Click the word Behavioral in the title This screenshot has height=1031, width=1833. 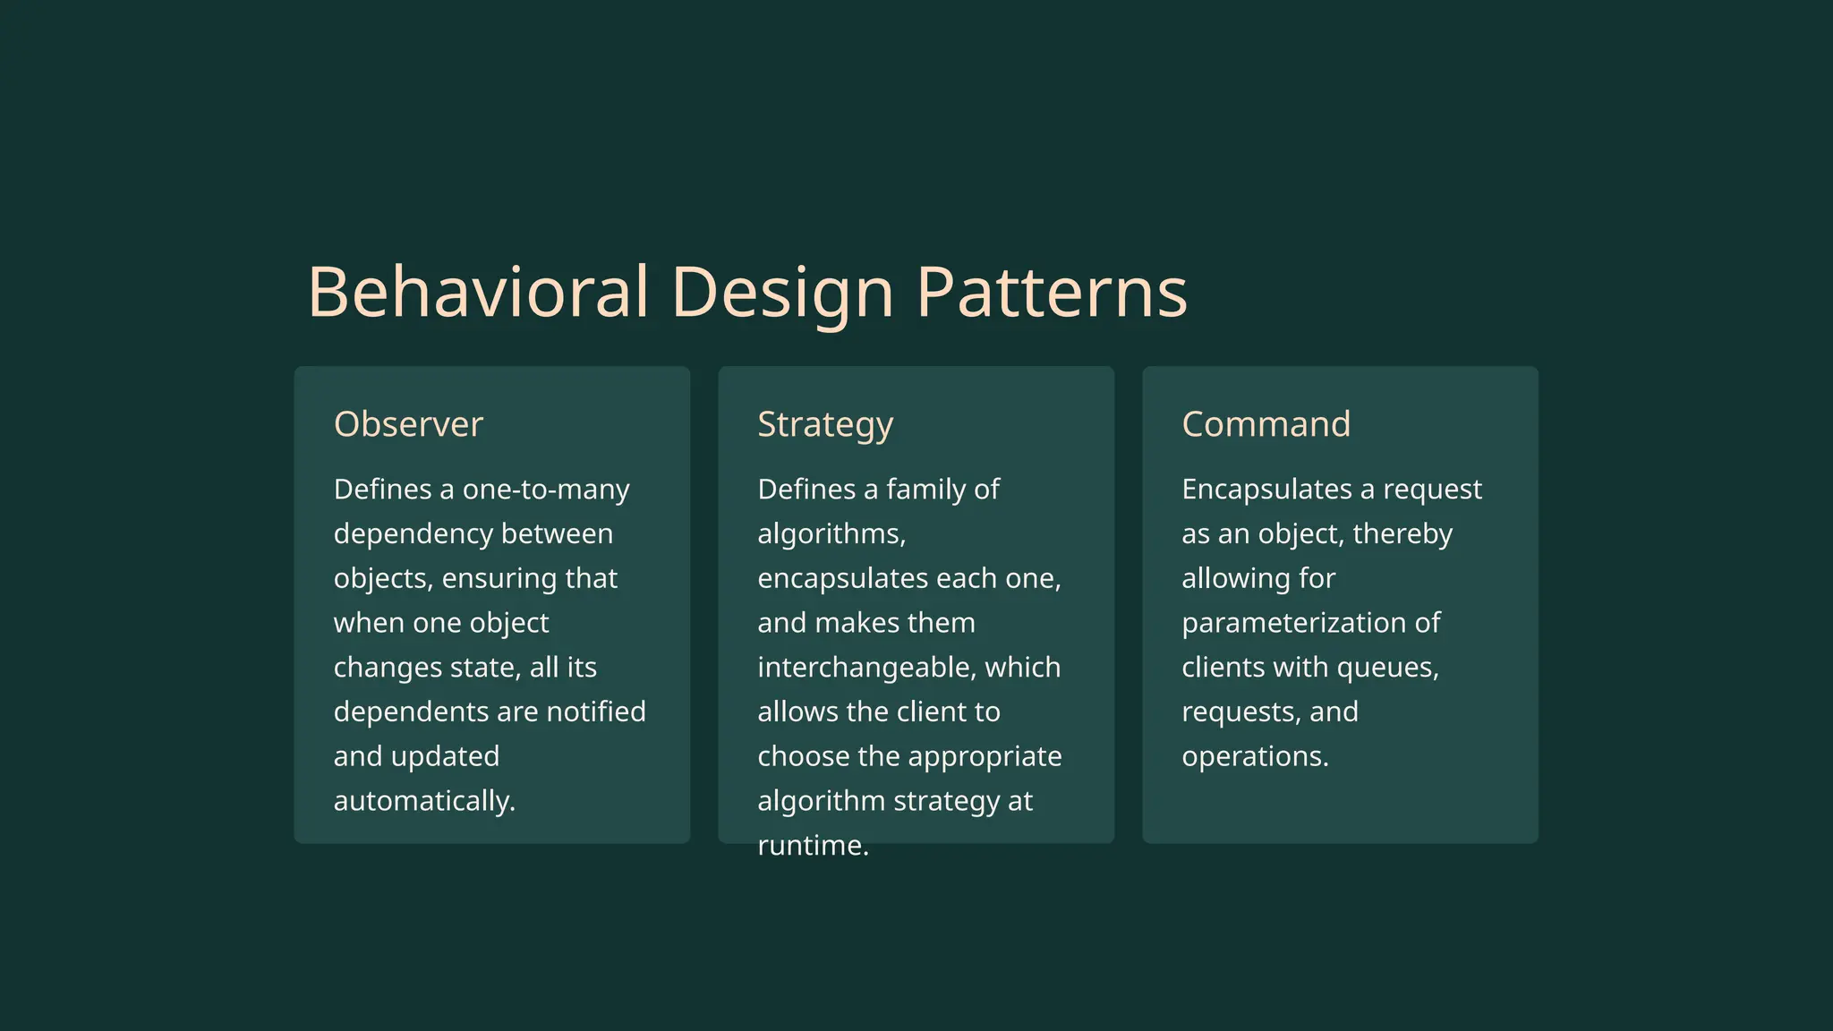point(477,292)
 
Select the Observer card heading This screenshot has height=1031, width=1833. point(408,424)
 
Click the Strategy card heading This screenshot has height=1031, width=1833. point(824,424)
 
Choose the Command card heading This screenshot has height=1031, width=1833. point(1266,424)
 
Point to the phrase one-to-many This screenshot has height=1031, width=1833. point(546,490)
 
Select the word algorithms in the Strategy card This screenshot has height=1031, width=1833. point(830,534)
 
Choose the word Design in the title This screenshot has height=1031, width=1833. point(781,292)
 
